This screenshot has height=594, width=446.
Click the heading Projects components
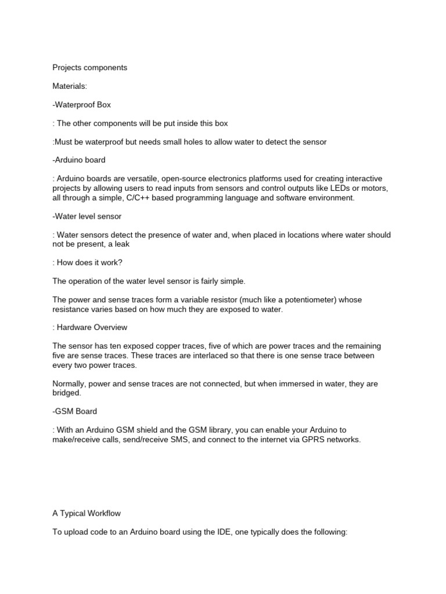[x=89, y=67]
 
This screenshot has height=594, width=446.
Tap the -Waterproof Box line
[x=81, y=105]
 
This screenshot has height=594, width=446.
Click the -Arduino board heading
[x=79, y=160]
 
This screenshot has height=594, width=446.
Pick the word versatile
[x=141, y=179]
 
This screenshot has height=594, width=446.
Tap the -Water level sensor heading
[x=87, y=216]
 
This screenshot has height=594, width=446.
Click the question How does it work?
[x=88, y=262]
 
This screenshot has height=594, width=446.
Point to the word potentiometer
[x=289, y=300]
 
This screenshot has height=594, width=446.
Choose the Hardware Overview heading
[x=93, y=327]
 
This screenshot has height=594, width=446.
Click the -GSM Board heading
[x=75, y=411]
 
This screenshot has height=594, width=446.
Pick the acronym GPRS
[x=304, y=440]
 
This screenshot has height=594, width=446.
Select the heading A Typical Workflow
[x=87, y=513]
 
